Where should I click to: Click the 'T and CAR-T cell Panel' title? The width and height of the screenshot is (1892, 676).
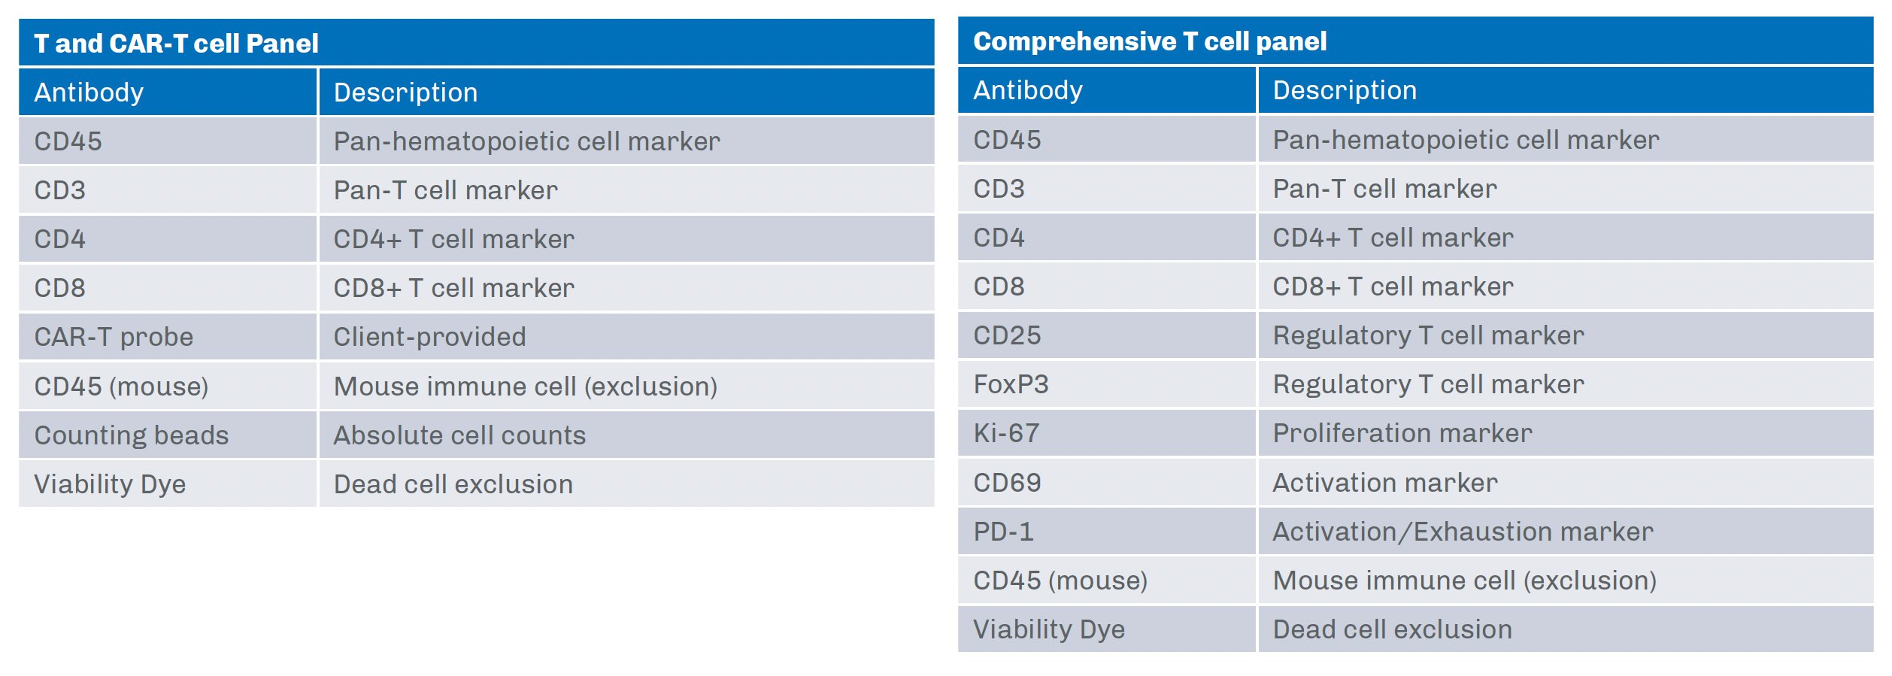(176, 44)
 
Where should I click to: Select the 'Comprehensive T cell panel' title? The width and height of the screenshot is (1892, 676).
(1150, 41)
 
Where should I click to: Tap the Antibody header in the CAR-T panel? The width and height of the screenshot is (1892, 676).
(89, 92)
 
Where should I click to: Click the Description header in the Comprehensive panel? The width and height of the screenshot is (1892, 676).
(1345, 90)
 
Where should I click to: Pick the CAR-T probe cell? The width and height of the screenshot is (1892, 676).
(114, 337)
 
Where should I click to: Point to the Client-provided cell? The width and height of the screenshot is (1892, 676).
(429, 337)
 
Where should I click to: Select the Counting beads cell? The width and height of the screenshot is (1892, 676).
(132, 435)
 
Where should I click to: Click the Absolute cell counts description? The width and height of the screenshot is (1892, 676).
(459, 435)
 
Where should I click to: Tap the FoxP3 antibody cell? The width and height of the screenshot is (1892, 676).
(1011, 384)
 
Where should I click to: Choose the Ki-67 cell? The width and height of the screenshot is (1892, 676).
(1006, 433)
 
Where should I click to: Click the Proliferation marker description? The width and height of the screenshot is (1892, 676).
(1402, 433)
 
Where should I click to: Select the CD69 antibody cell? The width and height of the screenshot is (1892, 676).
(1007, 483)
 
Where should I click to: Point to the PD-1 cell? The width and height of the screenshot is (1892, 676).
(1003, 532)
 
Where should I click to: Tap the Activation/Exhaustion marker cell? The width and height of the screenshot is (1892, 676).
(1463, 532)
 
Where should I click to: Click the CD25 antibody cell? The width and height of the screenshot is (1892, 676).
(1007, 335)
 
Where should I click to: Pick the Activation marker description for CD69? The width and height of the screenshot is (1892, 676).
(1385, 483)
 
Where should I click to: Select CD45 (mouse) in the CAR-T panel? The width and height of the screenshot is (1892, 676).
(121, 387)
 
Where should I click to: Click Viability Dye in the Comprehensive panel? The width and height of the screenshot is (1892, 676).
(1049, 629)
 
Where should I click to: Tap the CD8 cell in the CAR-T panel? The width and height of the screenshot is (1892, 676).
(60, 288)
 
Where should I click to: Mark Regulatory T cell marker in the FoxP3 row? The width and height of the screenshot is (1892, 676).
(1428, 384)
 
